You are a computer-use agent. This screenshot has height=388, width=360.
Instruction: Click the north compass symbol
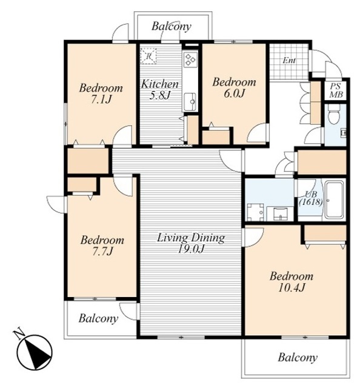pos(35,352)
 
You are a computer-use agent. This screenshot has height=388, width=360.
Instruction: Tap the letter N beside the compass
pos(19,334)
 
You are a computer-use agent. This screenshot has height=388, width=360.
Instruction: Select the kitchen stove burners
pos(190,59)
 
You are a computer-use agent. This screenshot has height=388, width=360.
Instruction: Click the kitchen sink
pos(191,101)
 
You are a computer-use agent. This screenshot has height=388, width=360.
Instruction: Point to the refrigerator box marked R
pos(148,56)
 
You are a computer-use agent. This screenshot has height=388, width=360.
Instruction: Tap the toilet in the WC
pos(333,115)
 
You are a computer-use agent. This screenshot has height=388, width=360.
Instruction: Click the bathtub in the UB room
pos(335,200)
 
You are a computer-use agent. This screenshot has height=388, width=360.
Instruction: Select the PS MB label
pos(336,90)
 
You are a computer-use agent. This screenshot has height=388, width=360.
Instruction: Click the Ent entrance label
pos(289,61)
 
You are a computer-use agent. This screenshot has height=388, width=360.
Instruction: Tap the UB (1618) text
pos(311,198)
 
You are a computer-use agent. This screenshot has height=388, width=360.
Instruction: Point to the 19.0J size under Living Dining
pos(191,249)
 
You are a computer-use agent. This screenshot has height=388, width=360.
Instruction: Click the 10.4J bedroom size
pos(292,287)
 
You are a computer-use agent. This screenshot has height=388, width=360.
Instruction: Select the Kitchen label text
pos(160,84)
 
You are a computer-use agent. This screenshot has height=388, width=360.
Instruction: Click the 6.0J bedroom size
pos(234,93)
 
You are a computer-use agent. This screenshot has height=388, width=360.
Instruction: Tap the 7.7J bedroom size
pos(102,252)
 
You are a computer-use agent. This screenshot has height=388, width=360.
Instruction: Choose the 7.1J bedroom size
pos(101,99)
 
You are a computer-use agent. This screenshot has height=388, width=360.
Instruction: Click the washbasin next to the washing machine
pos(280,213)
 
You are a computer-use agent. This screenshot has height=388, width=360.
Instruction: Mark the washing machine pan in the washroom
pos(256,212)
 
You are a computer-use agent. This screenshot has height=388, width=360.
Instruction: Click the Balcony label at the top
pos(172,27)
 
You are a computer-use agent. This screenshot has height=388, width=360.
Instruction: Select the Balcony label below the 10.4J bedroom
pos(298,358)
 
